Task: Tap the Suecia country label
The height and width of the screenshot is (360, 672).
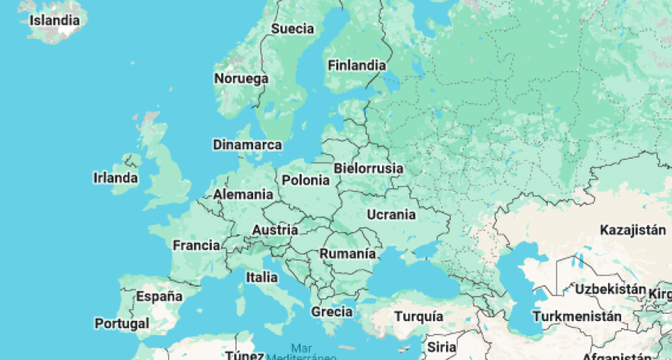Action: (x=292, y=30)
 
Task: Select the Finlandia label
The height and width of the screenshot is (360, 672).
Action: (x=356, y=66)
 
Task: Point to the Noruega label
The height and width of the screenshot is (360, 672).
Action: (x=241, y=79)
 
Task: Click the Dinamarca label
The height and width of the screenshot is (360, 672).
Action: (x=247, y=145)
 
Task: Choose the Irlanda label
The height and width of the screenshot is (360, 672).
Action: (x=116, y=178)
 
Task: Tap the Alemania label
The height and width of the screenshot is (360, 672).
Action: (x=243, y=194)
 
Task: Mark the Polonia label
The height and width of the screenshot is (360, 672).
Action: (x=306, y=180)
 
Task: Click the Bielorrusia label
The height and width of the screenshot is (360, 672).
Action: (x=368, y=169)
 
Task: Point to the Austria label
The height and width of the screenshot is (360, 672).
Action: (x=274, y=230)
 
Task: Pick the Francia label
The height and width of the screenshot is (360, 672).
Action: (x=196, y=245)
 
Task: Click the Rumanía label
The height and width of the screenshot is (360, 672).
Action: (x=348, y=255)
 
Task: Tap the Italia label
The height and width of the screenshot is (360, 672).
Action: (x=262, y=277)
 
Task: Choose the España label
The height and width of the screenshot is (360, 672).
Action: (x=159, y=297)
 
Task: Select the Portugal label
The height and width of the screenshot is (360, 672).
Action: (x=121, y=323)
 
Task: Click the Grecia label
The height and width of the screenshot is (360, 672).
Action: (x=332, y=312)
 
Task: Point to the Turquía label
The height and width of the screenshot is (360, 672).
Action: (x=419, y=317)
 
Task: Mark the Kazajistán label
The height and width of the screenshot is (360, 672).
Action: (x=631, y=230)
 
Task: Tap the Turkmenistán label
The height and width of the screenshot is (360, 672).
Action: (x=577, y=317)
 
